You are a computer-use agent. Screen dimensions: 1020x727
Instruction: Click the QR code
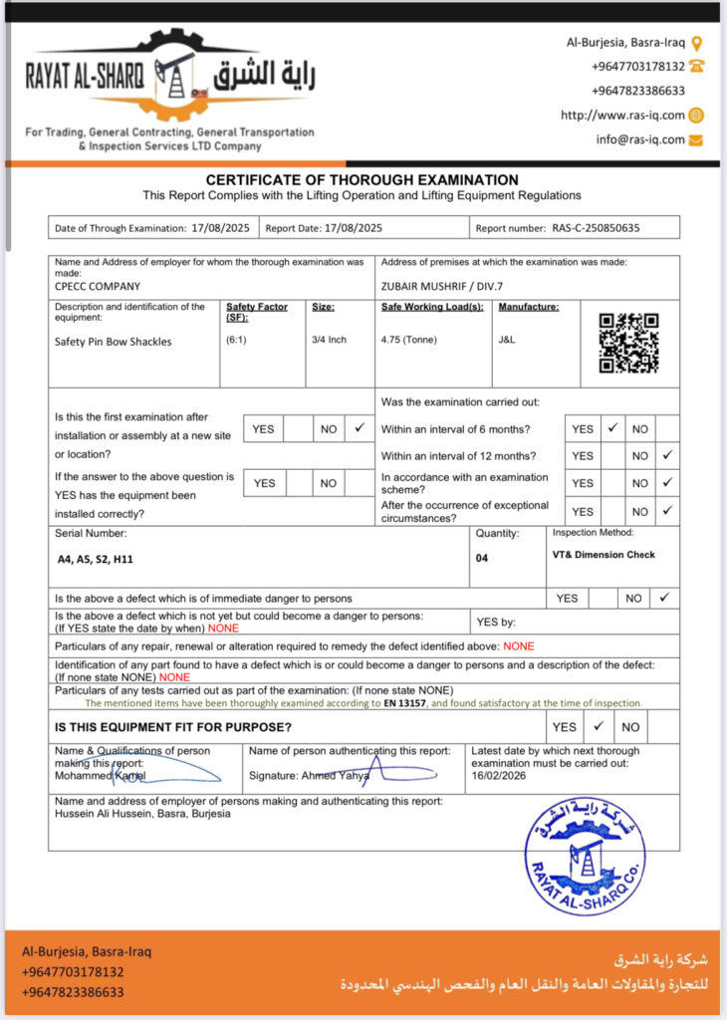pos(628,343)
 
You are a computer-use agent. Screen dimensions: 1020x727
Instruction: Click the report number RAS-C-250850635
pos(596,228)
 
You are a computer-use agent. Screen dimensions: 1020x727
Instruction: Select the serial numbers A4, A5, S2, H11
pos(96,559)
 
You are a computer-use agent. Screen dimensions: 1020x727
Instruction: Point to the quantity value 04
pos(482,558)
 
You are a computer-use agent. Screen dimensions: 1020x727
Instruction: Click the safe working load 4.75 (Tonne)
pos(408,340)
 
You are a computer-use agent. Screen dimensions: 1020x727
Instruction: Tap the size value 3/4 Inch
pos(329,340)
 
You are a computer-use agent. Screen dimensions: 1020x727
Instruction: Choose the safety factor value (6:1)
pos(239,340)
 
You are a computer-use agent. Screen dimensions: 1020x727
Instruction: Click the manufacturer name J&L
pos(508,340)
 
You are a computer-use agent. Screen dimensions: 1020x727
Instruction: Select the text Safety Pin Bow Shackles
pos(114,342)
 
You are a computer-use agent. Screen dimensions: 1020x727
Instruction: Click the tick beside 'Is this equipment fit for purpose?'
pos(598,726)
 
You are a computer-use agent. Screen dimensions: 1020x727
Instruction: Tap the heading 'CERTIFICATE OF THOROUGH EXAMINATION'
pos(362,180)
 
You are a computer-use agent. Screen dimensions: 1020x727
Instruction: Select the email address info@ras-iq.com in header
pos(640,139)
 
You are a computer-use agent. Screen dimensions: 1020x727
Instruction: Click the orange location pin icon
pos(696,43)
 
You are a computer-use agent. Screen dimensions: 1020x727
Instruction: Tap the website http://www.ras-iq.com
pos(622,116)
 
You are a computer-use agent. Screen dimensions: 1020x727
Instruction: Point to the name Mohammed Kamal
pos(100,776)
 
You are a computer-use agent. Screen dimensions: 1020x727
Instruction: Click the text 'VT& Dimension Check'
pos(604,555)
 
